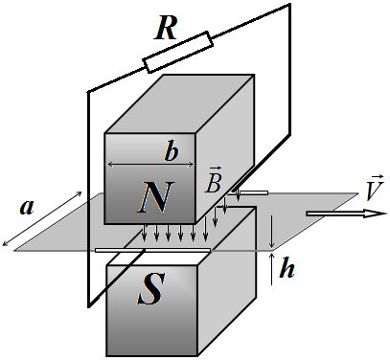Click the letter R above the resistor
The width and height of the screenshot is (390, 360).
tap(166, 29)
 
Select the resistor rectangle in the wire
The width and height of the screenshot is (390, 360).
tap(178, 52)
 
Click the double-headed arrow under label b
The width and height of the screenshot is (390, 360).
tap(150, 165)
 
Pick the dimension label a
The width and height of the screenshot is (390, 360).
tap(27, 207)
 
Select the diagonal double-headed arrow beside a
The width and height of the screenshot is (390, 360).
tap(42, 218)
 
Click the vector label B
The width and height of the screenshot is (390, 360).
tap(214, 180)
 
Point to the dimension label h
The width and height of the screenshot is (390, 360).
tap(287, 268)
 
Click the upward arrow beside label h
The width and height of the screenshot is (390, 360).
tap(272, 268)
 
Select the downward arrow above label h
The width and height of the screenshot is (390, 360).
tap(271, 232)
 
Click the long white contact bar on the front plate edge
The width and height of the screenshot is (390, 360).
tap(152, 250)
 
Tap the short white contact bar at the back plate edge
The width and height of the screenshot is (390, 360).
tap(252, 192)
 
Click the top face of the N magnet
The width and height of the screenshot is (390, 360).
tap(180, 104)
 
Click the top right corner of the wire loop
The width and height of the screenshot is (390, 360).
tap(289, 5)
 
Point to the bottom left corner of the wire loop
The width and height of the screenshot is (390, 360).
tap(89, 306)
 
